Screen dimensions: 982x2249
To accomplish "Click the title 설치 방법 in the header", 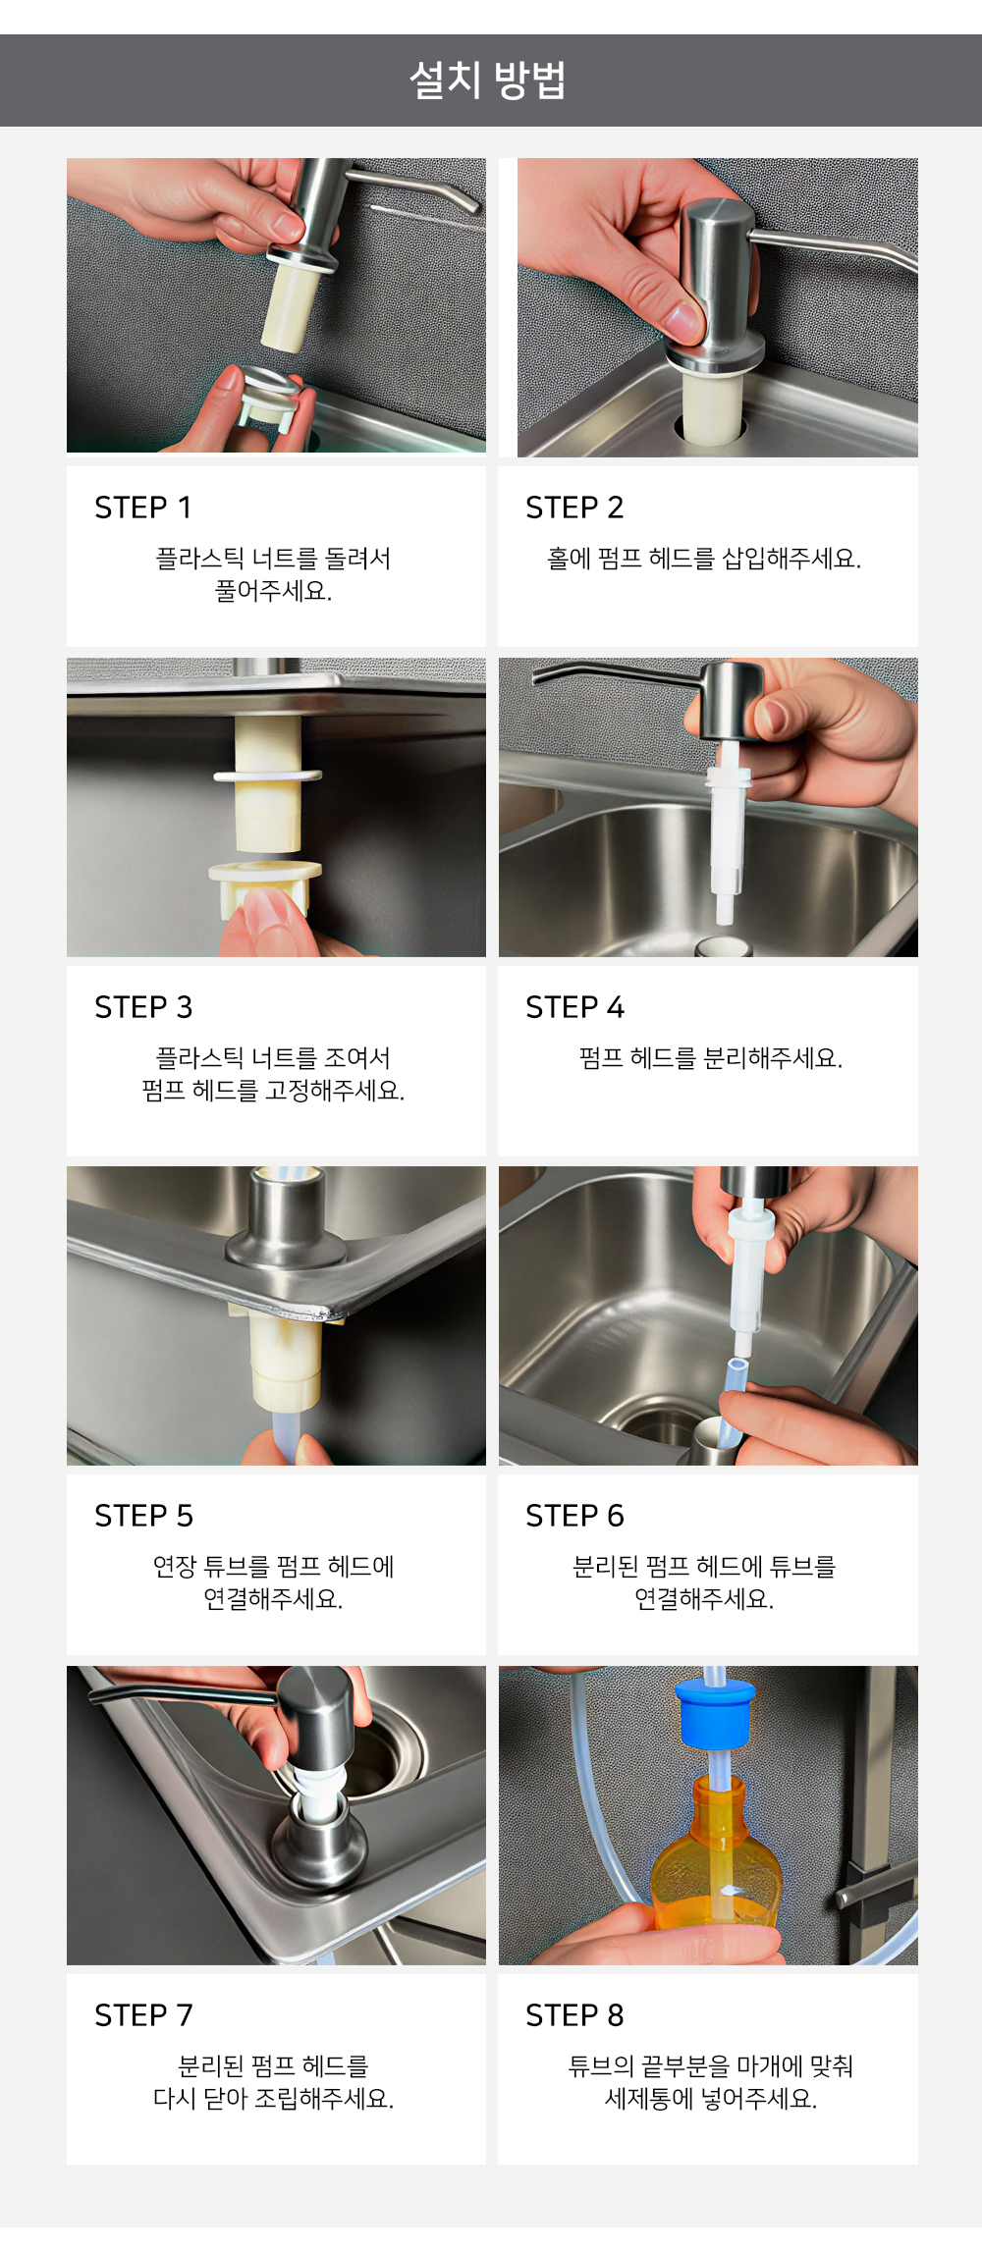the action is tap(488, 80).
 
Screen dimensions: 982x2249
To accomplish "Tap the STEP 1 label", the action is tap(143, 508).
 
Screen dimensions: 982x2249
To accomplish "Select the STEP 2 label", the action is tap(574, 508).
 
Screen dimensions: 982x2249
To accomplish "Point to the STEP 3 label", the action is tap(143, 1007).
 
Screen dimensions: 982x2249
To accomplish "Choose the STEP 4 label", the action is tap(574, 1007).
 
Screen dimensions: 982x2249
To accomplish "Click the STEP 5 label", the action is tap(143, 1516).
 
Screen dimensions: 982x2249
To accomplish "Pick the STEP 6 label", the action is tap(574, 1516).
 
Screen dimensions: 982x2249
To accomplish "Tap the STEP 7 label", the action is tap(143, 2015).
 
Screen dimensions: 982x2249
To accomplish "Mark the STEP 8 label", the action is tap(574, 2015).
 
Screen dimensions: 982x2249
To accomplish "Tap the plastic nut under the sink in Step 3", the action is tap(265, 885).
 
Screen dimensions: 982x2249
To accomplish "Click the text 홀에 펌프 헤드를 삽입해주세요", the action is tap(704, 559).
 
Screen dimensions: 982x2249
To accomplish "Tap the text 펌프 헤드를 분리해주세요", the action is tap(711, 1058).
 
